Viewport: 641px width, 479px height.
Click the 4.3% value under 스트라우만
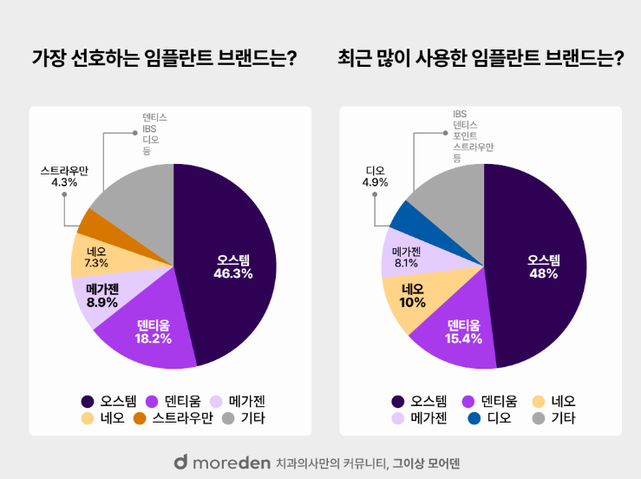click(x=64, y=182)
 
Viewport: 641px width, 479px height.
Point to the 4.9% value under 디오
click(x=376, y=182)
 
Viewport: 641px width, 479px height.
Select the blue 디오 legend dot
click(x=474, y=418)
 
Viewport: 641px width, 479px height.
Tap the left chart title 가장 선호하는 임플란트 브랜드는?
click(x=164, y=58)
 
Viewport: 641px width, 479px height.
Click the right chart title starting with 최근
click(x=481, y=58)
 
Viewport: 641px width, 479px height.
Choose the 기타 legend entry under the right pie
click(x=555, y=418)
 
